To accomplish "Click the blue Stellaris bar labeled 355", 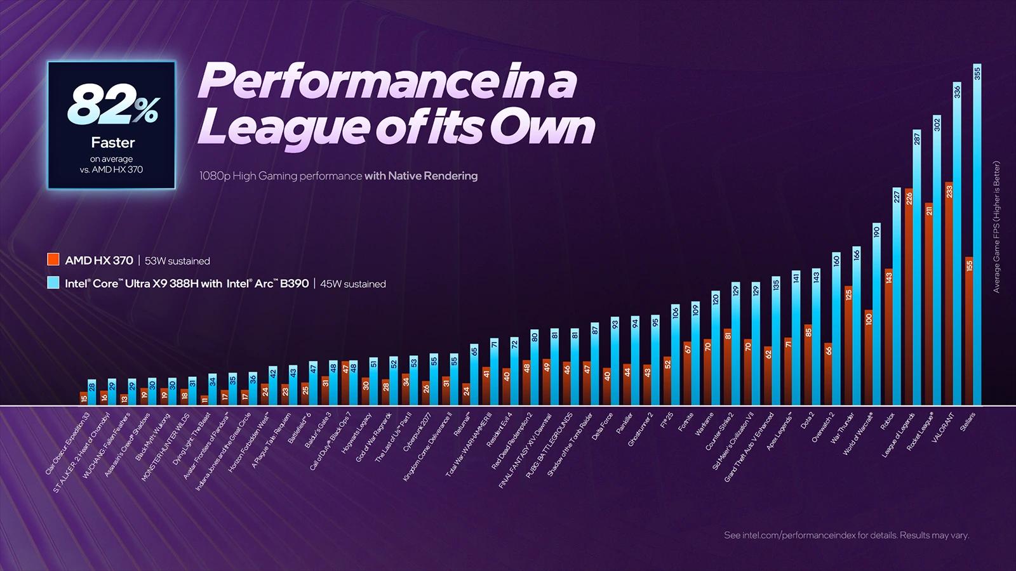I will click(977, 235).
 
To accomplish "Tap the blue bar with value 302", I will click(937, 260).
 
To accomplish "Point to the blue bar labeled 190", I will click(876, 314).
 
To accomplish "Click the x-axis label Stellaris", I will click(967, 422).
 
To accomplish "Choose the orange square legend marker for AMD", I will click(53, 259).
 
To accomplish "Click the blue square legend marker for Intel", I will click(53, 283).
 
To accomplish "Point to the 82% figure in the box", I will click(112, 105).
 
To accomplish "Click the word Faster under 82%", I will click(112, 142).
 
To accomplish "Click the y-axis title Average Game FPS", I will click(996, 226).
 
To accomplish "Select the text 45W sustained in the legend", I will click(352, 284).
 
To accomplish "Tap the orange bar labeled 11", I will click(204, 400).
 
